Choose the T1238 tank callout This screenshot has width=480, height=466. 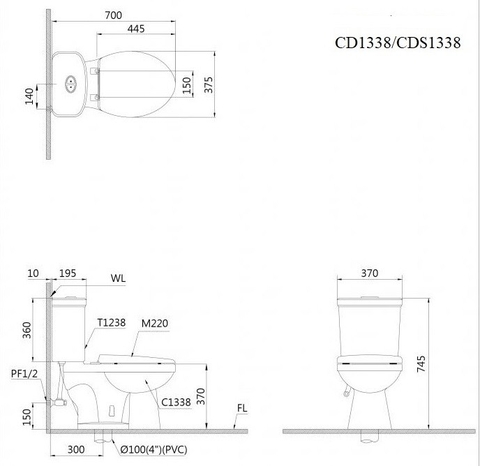point(111,322)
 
